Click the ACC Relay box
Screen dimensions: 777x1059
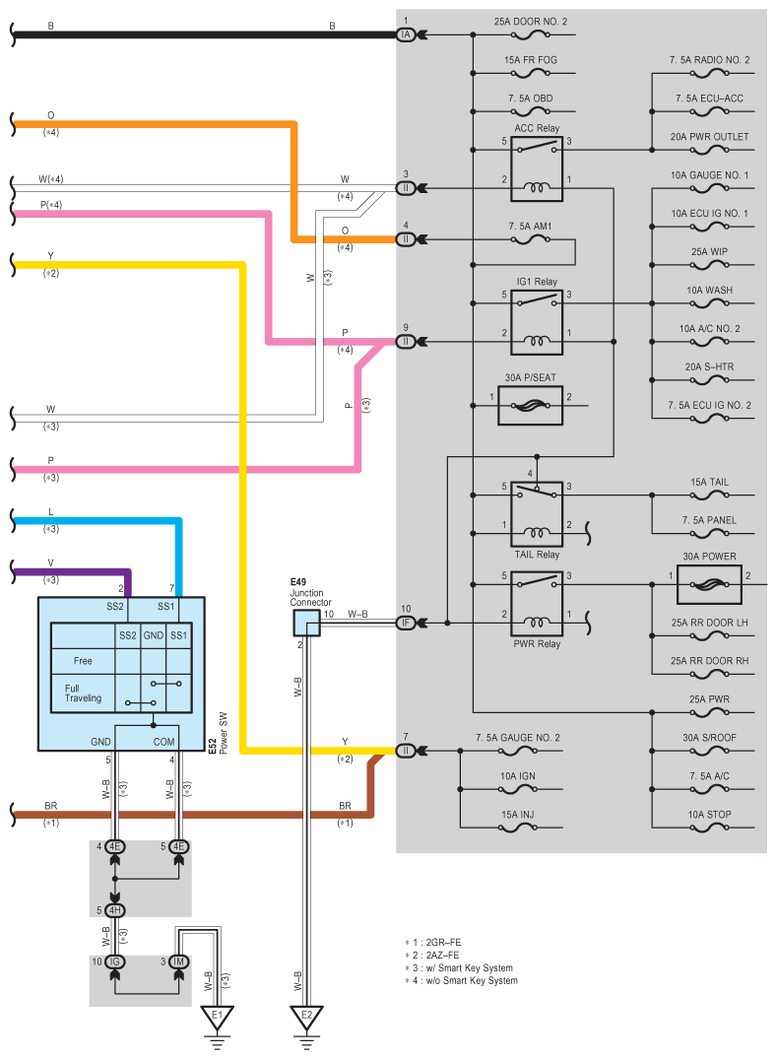(x=536, y=168)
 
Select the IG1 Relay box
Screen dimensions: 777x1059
(x=536, y=322)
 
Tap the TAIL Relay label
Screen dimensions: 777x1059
(x=537, y=555)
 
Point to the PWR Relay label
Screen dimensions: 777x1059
(x=537, y=643)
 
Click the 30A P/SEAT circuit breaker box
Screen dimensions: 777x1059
(x=530, y=405)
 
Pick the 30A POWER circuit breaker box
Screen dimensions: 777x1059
(x=709, y=584)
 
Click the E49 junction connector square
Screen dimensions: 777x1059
(x=306, y=623)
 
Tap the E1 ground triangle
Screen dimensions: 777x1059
(x=217, y=1017)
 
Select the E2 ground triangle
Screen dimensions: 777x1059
(x=306, y=1017)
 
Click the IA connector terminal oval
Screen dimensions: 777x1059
(x=406, y=34)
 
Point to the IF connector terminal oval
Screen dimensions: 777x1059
(x=406, y=623)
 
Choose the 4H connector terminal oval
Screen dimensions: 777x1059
(x=115, y=909)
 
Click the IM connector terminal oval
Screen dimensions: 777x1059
(x=179, y=961)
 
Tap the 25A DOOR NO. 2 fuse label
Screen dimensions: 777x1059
(x=531, y=22)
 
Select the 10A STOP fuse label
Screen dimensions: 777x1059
(x=709, y=815)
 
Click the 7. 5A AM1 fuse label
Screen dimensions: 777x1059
(x=530, y=227)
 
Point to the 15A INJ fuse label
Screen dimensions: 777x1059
(x=518, y=815)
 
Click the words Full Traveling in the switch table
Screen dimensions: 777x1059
(x=83, y=693)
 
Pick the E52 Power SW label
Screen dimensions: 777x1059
(x=218, y=734)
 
